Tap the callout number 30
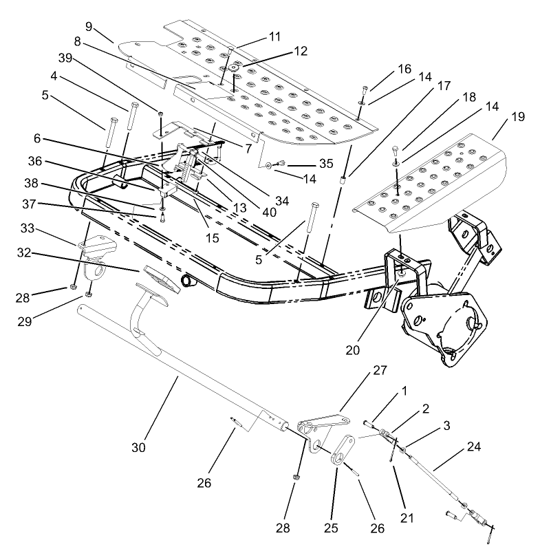point(139,447)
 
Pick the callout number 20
point(353,349)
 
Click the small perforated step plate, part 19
point(433,179)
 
